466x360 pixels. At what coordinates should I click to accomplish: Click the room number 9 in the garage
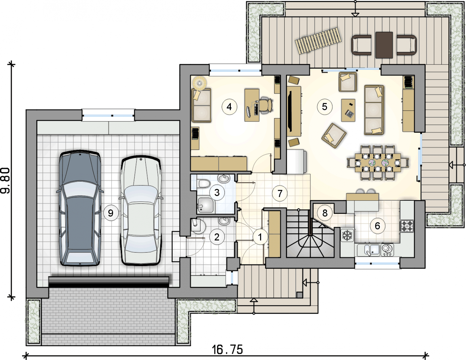tap(111, 213)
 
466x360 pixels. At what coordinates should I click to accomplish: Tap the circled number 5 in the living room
tap(325, 107)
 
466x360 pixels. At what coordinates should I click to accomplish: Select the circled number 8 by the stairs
tap(325, 213)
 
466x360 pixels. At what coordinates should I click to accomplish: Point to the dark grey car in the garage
tap(80, 208)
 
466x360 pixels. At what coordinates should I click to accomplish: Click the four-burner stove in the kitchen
tap(407, 226)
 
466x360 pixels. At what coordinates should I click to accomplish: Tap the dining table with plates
tap(378, 163)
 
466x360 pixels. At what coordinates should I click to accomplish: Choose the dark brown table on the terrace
tap(384, 45)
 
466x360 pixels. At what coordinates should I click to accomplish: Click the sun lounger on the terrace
tap(318, 40)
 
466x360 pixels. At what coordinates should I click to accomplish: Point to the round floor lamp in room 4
tap(200, 82)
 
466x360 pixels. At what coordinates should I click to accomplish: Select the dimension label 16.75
tap(227, 349)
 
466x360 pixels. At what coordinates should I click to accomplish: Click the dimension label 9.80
tap(5, 181)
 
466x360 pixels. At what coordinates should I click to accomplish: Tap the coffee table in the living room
tap(348, 110)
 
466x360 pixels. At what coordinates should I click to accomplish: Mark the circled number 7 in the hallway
tap(280, 193)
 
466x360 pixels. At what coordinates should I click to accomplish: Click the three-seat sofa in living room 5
tap(374, 110)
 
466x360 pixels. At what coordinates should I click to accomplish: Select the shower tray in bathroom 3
tap(206, 205)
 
